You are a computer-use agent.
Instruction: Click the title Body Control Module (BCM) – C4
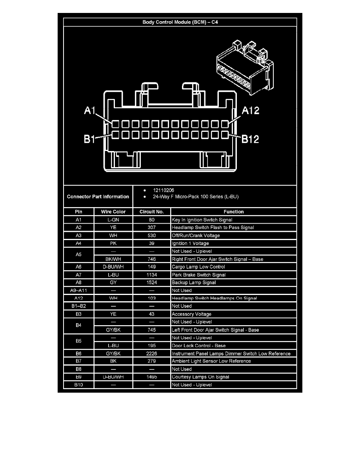coord(180,22)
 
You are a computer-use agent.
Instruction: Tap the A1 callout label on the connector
coord(90,111)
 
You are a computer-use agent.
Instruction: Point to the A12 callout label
coord(250,111)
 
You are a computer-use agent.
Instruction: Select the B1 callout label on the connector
coord(90,139)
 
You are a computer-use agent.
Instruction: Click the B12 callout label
coord(250,139)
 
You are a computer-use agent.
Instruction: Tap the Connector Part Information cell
coord(98,197)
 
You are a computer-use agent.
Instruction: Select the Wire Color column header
coord(113,212)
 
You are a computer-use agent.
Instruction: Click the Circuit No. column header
coord(152,212)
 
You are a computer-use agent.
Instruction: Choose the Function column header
coord(233,212)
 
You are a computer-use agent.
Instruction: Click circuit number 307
coord(152,228)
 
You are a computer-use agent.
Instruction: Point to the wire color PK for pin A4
coord(113,243)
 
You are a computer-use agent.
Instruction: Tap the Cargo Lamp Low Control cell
coord(198,267)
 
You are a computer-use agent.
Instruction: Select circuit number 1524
coord(152,282)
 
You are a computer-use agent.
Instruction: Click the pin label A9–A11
coord(78,290)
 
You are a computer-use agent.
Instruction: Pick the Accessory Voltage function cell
coord(191,314)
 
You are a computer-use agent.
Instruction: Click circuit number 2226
coord(152,353)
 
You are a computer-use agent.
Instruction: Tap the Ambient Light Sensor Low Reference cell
coord(211,361)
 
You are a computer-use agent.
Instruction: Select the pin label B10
coord(78,385)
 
